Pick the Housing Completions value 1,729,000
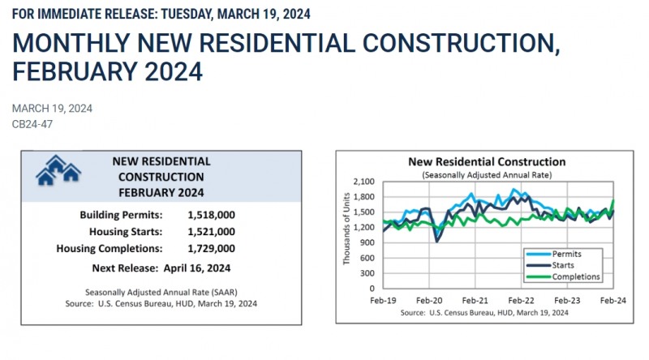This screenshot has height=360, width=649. pos(223,249)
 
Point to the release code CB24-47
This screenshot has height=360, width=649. pos(30,125)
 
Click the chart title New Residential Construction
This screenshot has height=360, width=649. pos(488,162)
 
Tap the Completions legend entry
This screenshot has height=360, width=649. pos(571,276)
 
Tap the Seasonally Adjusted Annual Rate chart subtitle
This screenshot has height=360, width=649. pos(487,175)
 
